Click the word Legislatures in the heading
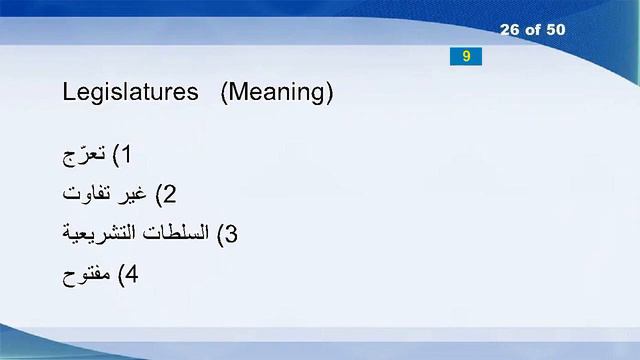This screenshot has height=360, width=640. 130,93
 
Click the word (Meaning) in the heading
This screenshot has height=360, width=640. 276,93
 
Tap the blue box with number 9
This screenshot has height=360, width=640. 466,56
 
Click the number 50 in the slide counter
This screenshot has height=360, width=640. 555,30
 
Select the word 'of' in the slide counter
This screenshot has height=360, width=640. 533,30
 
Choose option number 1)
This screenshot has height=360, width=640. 122,155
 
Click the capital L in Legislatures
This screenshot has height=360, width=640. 68,93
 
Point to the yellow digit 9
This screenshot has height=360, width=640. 466,56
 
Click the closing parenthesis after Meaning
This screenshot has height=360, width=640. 328,93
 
